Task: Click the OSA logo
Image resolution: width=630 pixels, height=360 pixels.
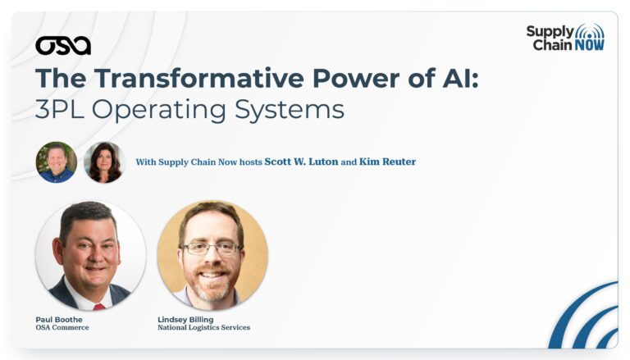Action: tap(63, 46)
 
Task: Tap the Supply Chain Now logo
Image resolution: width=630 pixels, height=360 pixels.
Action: tap(565, 38)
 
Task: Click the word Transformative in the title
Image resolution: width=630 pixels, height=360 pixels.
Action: tap(199, 78)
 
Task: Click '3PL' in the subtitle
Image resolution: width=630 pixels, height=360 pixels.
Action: tap(59, 109)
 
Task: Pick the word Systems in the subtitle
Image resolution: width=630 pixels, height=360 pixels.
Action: tap(290, 110)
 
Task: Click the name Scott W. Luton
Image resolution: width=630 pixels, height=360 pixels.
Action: tap(301, 162)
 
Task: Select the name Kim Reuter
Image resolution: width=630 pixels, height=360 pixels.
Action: tap(387, 162)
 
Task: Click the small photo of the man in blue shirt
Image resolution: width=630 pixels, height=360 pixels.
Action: tap(57, 162)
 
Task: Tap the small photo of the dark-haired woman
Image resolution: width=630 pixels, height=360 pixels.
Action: tap(104, 162)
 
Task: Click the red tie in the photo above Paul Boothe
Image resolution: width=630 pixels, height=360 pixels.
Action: tap(98, 307)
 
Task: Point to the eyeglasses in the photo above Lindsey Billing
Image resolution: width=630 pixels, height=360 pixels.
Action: tap(212, 248)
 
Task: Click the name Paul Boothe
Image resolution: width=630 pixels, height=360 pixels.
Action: tap(59, 320)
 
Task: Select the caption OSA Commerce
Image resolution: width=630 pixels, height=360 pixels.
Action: tap(62, 327)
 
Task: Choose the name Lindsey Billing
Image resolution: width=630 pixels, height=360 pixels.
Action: tap(185, 320)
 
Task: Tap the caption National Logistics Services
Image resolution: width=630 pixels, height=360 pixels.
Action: tap(203, 327)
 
